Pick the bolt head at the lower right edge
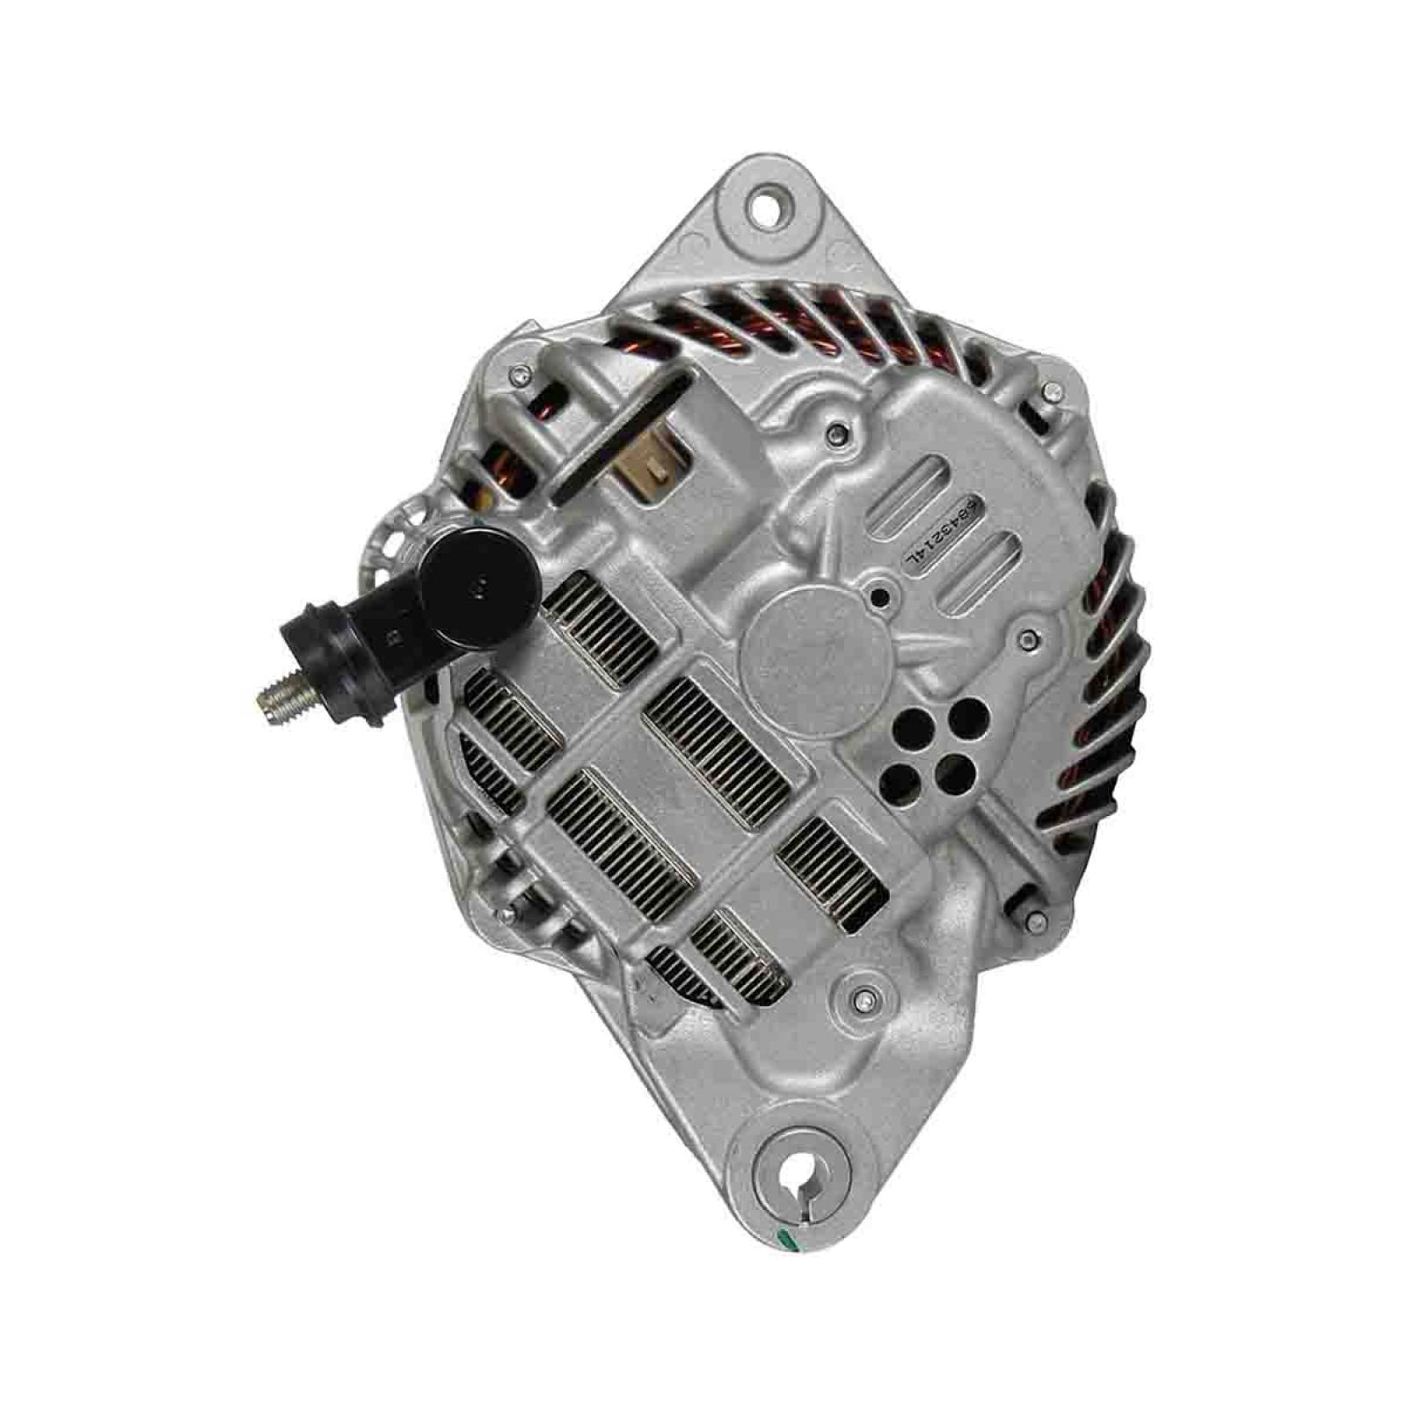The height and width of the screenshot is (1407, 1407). (1038, 920)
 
